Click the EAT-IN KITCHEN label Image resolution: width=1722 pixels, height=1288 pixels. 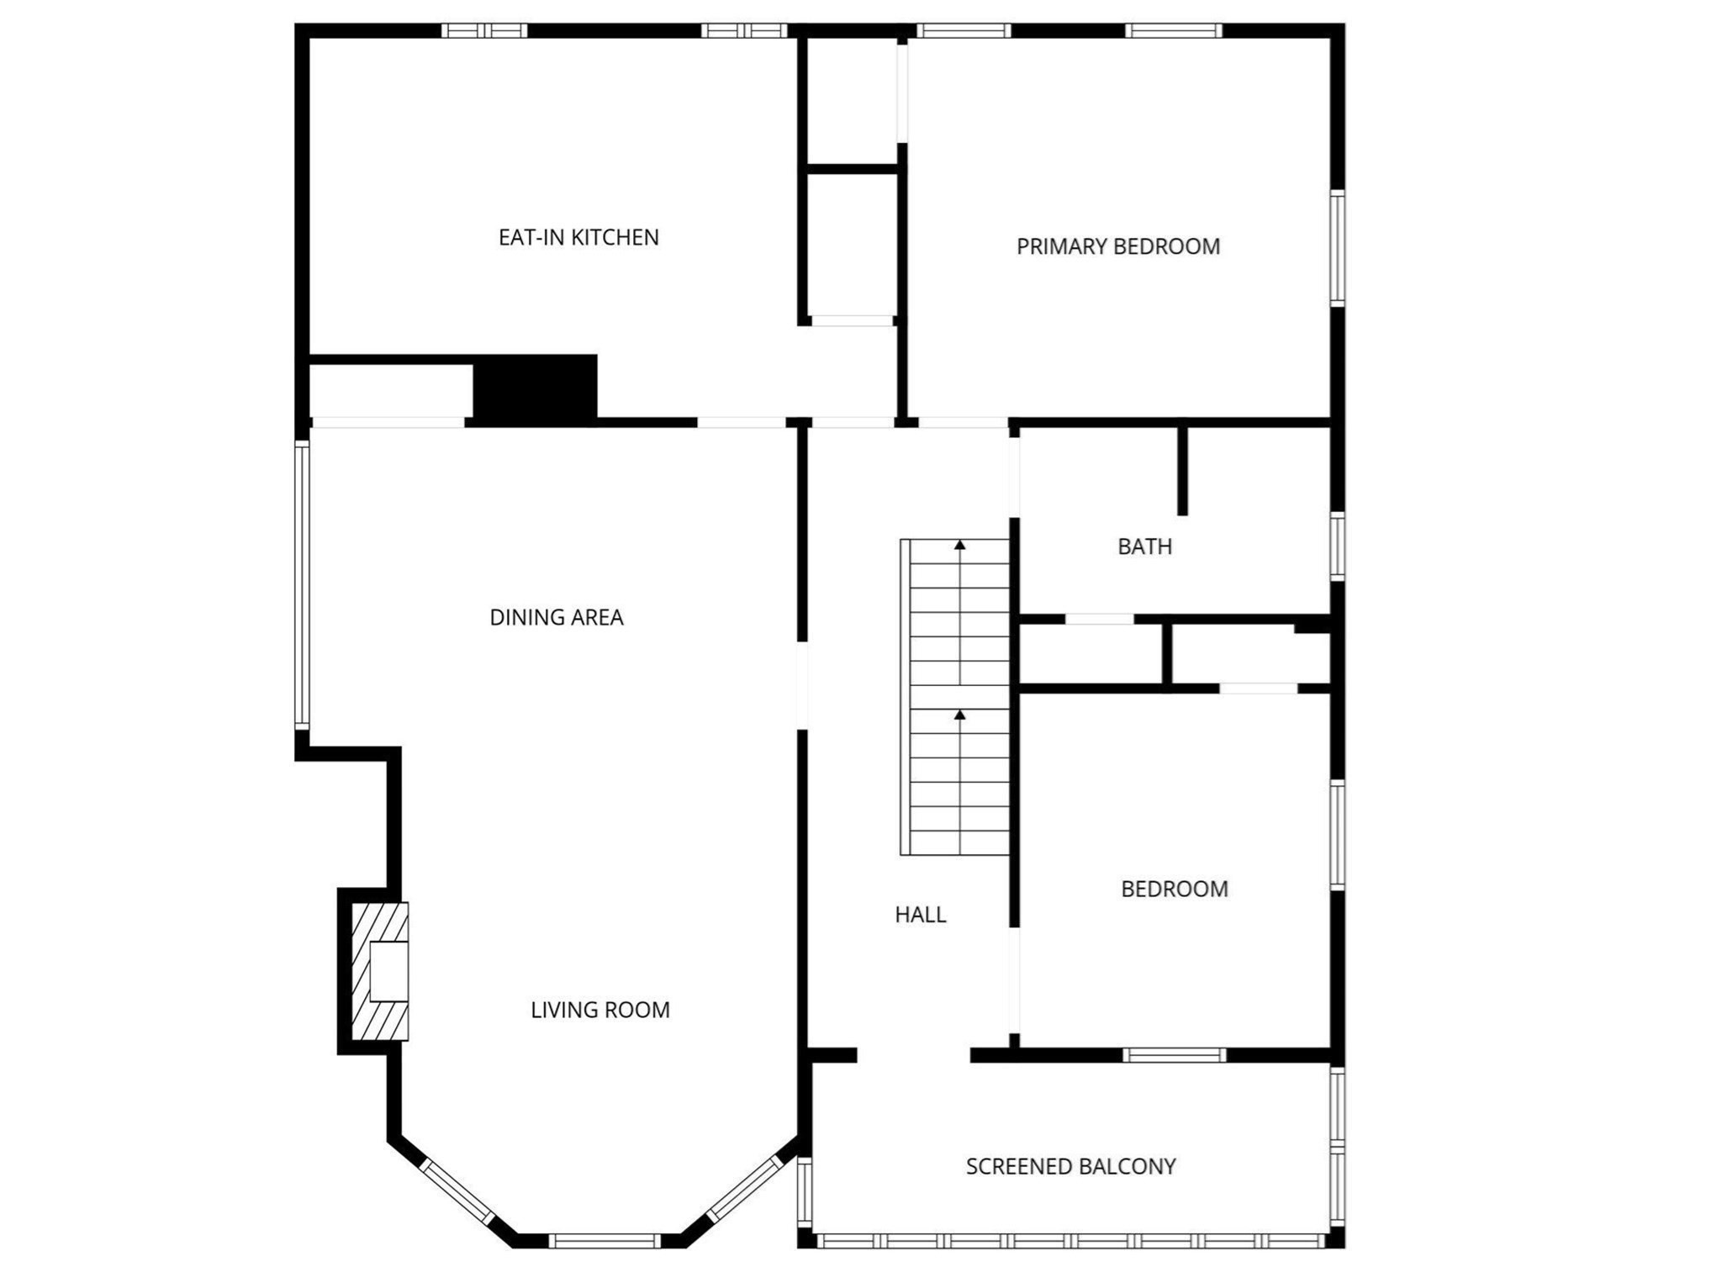click(578, 238)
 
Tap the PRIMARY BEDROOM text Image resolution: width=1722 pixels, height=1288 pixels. click(1118, 247)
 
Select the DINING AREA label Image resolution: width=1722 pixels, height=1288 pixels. click(557, 618)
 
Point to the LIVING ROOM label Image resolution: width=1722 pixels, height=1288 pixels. click(600, 1010)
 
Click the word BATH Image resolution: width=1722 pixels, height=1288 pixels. click(1145, 547)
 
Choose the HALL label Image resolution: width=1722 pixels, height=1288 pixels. click(921, 915)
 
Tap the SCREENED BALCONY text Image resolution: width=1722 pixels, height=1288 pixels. click(1071, 1167)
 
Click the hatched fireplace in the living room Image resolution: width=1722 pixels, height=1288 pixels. click(380, 972)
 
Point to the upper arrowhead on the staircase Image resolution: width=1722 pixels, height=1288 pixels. click(959, 545)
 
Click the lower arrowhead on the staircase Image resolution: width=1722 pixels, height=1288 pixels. click(959, 715)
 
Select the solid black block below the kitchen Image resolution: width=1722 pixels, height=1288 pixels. click(536, 388)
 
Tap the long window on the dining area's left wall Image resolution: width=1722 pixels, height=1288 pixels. click(302, 585)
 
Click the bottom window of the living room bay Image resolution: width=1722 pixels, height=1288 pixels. click(605, 1241)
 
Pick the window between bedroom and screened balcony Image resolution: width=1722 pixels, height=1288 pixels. click(1175, 1055)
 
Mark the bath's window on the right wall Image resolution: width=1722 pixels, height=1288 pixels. click(1338, 546)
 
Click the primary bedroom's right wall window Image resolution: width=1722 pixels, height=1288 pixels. click(1338, 248)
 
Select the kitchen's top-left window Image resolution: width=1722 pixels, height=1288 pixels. click(484, 31)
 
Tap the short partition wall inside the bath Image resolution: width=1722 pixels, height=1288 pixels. click(1182, 471)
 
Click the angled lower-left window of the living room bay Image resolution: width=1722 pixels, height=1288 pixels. click(457, 1191)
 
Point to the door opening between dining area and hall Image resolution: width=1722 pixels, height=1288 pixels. click(802, 686)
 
